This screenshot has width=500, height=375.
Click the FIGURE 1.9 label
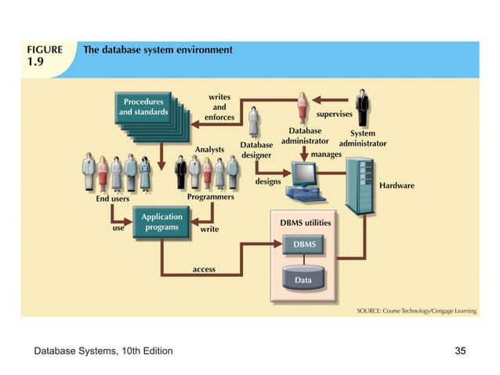coord(45,55)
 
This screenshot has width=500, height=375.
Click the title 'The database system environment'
coord(158,49)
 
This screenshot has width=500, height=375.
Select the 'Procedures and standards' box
coord(143,107)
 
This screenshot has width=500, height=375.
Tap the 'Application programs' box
coord(161,222)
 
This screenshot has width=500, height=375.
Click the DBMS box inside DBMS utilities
coord(305,245)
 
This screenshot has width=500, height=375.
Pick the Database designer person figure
coord(255,123)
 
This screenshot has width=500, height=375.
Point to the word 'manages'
coord(326,155)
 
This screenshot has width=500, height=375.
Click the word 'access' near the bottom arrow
coord(204,269)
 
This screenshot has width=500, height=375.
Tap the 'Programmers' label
coord(210,197)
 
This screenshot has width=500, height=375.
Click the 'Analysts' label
coord(209,148)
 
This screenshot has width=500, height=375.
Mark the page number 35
coord(460,350)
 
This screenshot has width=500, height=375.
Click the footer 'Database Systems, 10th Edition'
coord(103,350)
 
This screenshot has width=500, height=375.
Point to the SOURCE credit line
coord(416,311)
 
